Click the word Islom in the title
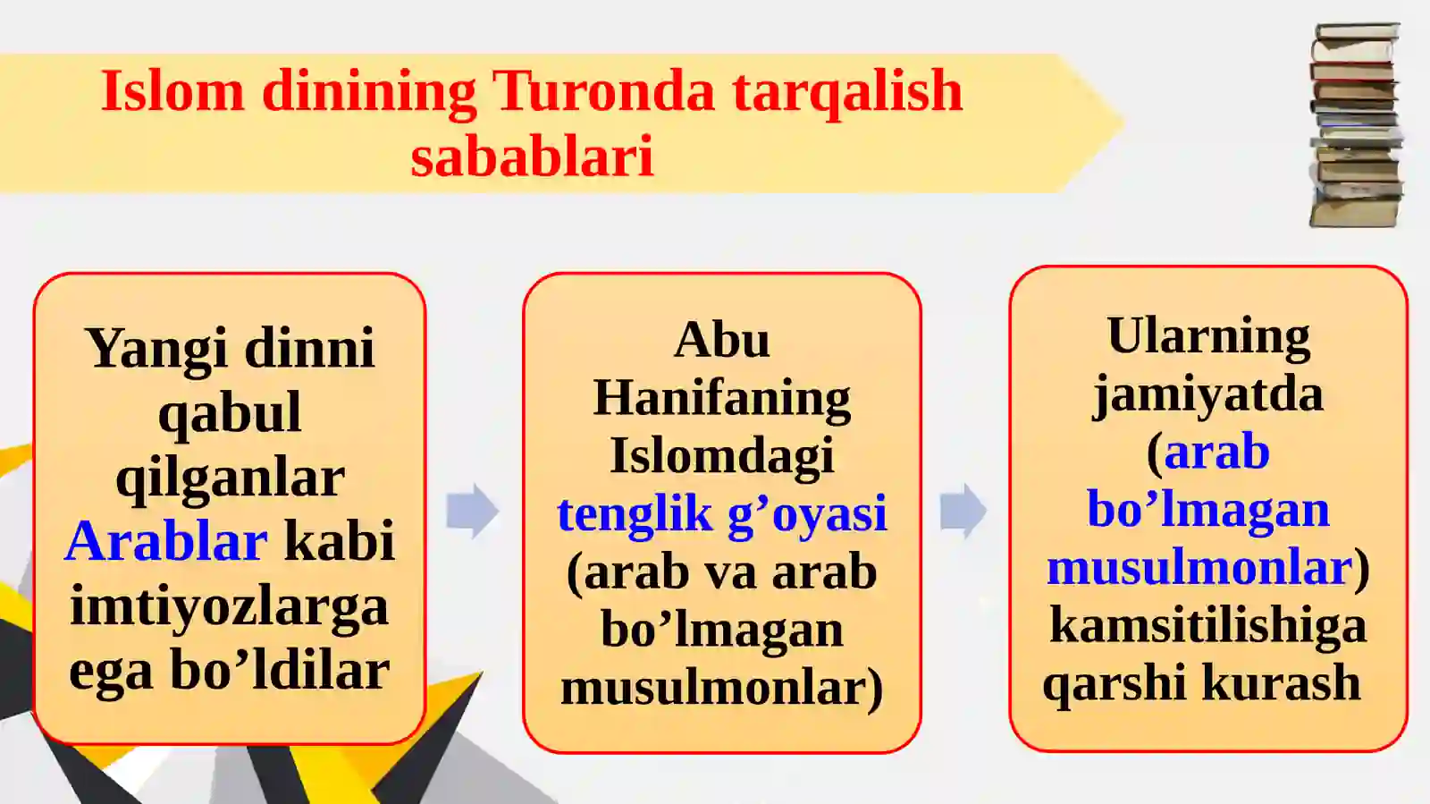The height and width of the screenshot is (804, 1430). (x=172, y=91)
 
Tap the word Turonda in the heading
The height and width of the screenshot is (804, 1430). (x=604, y=91)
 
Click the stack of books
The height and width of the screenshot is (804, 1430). (x=1355, y=125)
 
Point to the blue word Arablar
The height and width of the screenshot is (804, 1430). (x=166, y=541)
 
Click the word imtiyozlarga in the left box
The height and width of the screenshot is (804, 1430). (x=230, y=606)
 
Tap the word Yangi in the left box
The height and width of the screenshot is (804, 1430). (x=156, y=348)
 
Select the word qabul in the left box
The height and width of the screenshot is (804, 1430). (x=230, y=412)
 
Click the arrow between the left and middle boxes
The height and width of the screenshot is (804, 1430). (x=472, y=511)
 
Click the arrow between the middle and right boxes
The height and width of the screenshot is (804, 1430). (x=963, y=511)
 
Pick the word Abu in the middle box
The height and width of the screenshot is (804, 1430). (x=721, y=340)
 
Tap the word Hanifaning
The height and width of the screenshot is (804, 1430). (x=721, y=398)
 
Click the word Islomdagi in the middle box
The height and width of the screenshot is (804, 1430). (x=721, y=455)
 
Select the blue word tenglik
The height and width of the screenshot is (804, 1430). (x=635, y=513)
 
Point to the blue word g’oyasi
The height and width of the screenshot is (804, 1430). (x=807, y=513)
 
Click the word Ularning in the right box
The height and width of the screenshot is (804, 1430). (x=1208, y=336)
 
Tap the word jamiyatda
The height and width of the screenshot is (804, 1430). (x=1208, y=394)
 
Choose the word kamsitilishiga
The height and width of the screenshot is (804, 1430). (x=1208, y=625)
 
